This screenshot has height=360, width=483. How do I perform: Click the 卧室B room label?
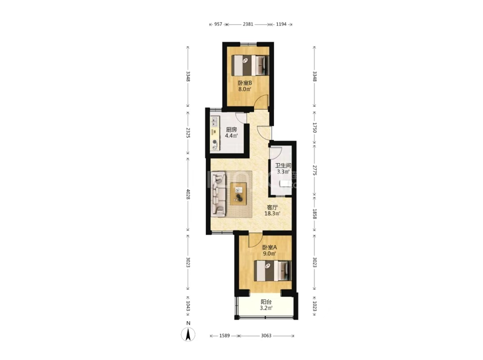pos(245,83)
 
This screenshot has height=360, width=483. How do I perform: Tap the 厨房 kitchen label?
pos(231,130)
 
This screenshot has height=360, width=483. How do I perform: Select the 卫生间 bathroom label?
pos(283,166)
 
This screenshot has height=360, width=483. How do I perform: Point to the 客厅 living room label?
pos(273,207)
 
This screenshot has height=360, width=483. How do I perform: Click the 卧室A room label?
pos(269,248)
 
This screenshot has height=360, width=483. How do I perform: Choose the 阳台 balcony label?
pos(266,302)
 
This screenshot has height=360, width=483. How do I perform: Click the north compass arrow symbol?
pos(188,334)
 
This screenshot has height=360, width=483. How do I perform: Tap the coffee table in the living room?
pos(239,194)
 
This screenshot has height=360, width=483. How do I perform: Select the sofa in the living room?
pos(218,194)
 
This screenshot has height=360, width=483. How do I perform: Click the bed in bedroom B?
pos(250,65)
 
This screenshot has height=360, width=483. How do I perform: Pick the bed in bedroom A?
pos(273,271)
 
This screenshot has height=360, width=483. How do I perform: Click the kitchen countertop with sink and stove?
pos(215,133)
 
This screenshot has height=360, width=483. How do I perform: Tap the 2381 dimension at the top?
pos(248,24)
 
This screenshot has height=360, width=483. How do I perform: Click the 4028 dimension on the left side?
pos(188,194)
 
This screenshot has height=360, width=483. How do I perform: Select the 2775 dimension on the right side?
pos(314,171)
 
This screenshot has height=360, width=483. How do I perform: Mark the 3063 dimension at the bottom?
pos(266,336)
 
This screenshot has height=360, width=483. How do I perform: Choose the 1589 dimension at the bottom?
pos(224,336)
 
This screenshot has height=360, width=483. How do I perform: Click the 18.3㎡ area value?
pos(273,213)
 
